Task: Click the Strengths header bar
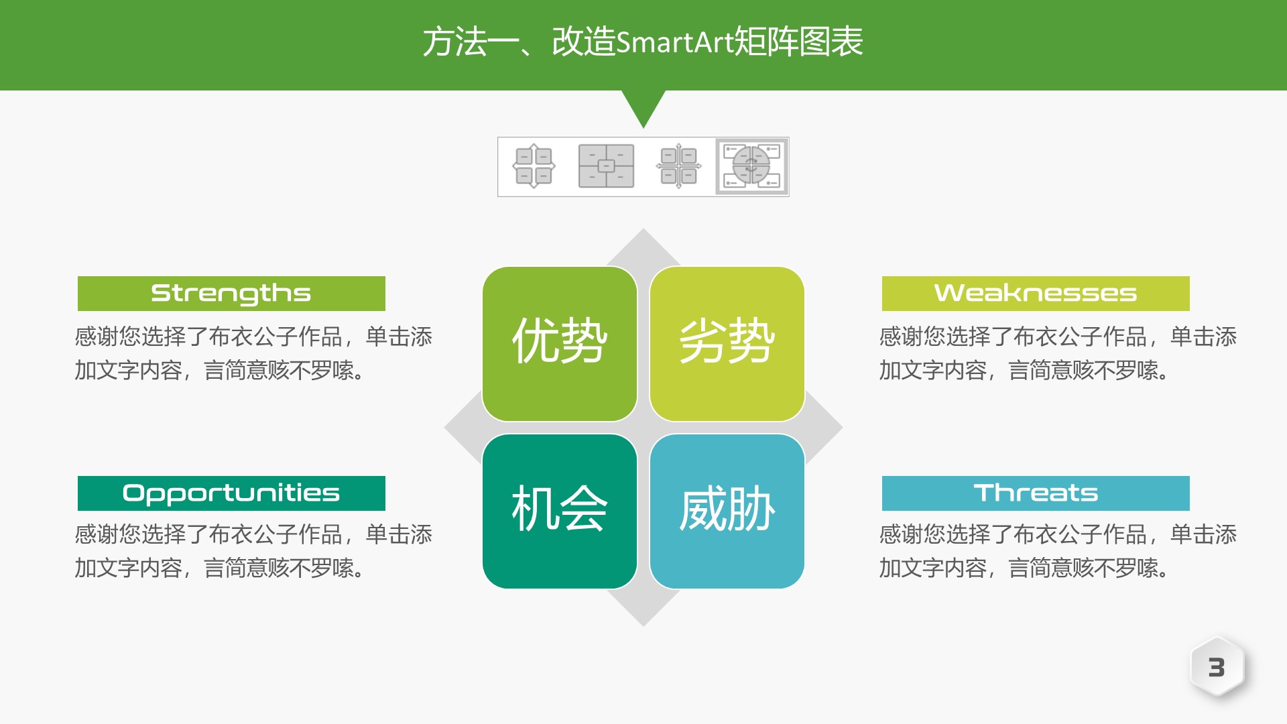(x=231, y=294)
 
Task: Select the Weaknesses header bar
(x=1036, y=294)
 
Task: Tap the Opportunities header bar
(x=231, y=493)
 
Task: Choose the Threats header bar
(x=1036, y=493)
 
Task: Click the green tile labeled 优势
(x=560, y=343)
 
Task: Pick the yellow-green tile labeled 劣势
(x=727, y=343)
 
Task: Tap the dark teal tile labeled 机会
(x=560, y=511)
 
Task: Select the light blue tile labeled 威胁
(x=727, y=511)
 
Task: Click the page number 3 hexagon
(x=1217, y=667)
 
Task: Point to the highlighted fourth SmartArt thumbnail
(x=752, y=167)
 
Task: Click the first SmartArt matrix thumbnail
(x=534, y=166)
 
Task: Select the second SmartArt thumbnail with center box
(x=606, y=166)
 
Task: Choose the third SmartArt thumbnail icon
(x=679, y=166)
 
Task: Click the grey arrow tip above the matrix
(x=643, y=245)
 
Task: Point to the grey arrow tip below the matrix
(x=643, y=610)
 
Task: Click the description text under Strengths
(x=253, y=353)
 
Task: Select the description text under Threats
(x=1058, y=551)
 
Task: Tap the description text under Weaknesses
(x=1058, y=353)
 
